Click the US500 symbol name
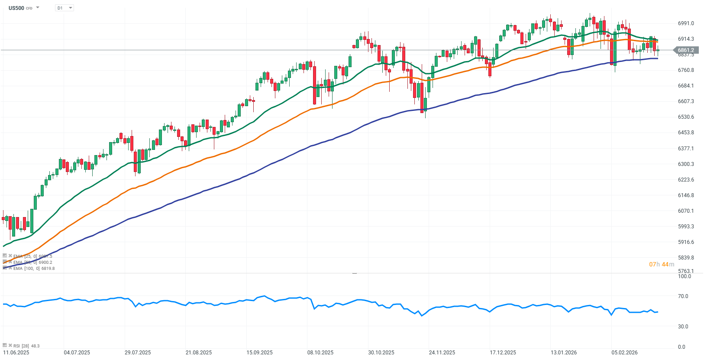16,8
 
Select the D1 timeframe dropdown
64,8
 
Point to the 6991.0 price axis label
686,23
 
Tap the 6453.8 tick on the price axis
686,133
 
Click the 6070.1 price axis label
686,211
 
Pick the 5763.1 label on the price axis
686,271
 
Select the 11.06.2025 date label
16,353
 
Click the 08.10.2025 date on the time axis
320,353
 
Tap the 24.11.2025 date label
442,353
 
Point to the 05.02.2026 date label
624,353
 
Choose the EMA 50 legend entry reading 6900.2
32,263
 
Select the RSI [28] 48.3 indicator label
26,346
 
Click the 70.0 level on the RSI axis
683,296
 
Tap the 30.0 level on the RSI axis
683,327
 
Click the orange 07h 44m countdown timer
661,264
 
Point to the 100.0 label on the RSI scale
684,276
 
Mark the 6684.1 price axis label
686,86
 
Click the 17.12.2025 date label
503,353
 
